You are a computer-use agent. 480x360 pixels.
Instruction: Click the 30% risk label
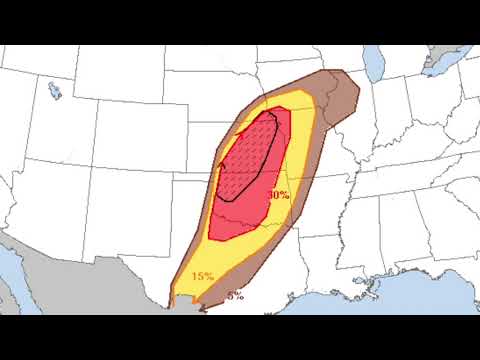point(279,195)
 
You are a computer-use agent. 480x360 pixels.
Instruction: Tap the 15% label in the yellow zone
point(202,276)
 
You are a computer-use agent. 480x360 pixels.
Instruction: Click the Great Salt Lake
point(54,91)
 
